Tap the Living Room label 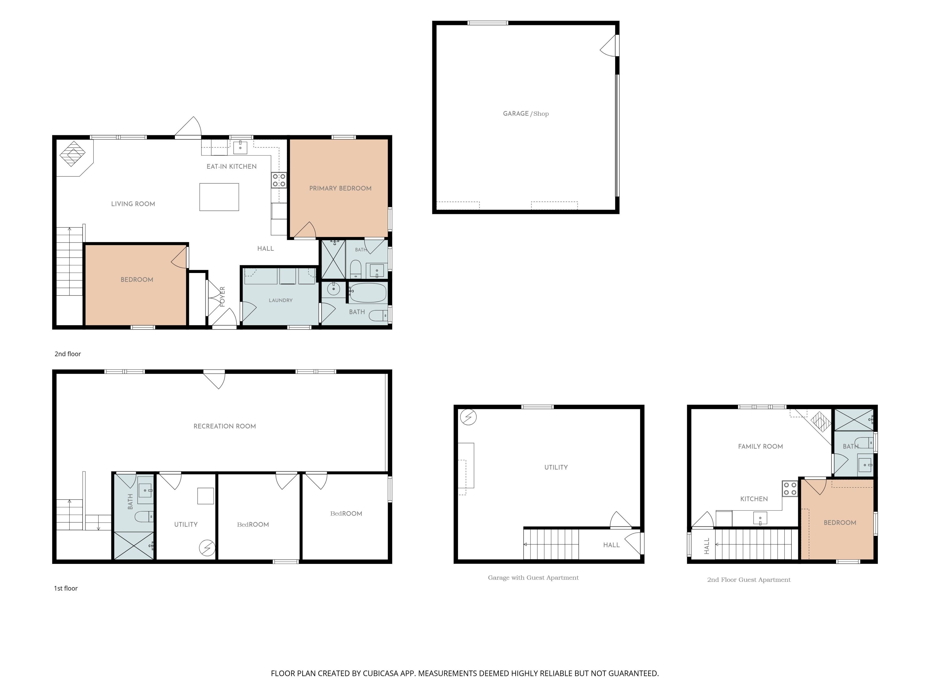133,204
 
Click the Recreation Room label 225,426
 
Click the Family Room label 760,446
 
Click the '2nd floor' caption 68,354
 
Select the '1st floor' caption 66,588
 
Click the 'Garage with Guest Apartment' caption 533,578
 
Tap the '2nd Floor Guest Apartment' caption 749,580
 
